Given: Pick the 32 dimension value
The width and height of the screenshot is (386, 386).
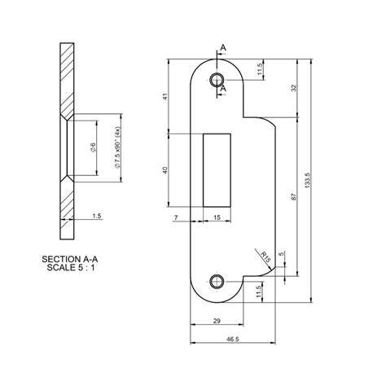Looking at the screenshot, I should click(292, 89).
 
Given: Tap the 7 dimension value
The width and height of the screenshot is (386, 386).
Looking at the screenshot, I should click(176, 217).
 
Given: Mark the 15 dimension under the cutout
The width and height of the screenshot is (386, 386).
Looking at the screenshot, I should click(217, 217).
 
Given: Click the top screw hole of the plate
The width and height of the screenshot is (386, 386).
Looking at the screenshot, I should click(217, 80).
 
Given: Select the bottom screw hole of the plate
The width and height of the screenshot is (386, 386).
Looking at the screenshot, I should click(217, 282).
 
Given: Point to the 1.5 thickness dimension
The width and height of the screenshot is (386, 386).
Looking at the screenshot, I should click(97, 217).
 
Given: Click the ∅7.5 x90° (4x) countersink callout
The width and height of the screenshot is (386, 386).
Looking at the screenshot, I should click(118, 147).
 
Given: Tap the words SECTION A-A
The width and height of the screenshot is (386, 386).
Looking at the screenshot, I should click(69, 258).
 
